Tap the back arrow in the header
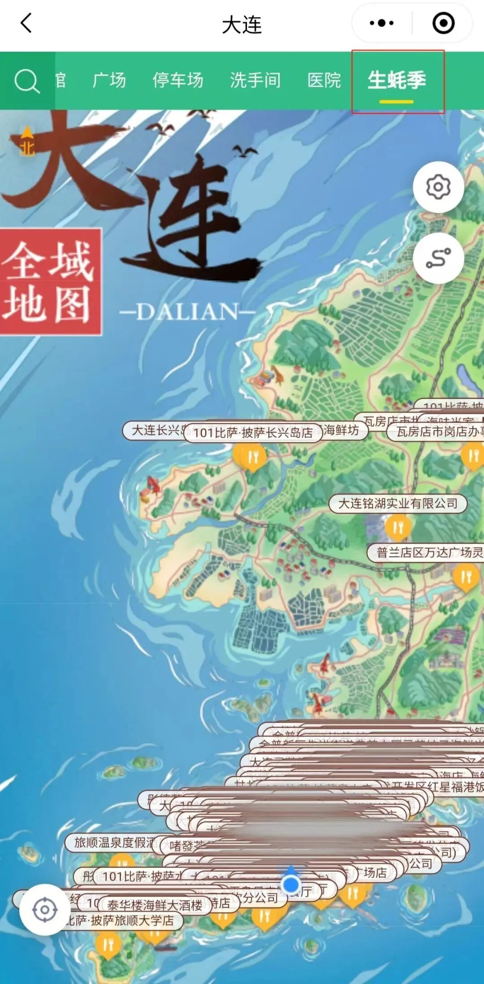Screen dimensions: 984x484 tap(26, 23)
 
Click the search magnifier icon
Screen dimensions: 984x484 tap(27, 82)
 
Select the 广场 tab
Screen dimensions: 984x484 tap(109, 81)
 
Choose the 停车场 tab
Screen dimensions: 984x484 tap(178, 81)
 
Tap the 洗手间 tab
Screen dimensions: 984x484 tap(255, 81)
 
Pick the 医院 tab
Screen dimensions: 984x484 tap(324, 81)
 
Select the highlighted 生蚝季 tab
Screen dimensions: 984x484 tap(397, 81)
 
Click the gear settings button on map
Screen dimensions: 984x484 tap(438, 187)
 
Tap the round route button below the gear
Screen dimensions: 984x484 tap(438, 258)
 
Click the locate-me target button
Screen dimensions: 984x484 tap(45, 910)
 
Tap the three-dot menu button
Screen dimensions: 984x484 tap(382, 23)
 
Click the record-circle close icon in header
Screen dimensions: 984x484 tap(443, 23)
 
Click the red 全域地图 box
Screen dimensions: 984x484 tap(50, 281)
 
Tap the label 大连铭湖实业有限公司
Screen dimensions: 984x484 tap(398, 503)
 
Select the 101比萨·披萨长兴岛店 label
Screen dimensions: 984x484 tap(253, 432)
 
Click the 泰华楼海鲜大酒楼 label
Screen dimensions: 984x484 tap(155, 906)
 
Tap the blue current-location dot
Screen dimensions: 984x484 tap(291, 884)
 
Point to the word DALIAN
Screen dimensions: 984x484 tap(187, 311)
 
